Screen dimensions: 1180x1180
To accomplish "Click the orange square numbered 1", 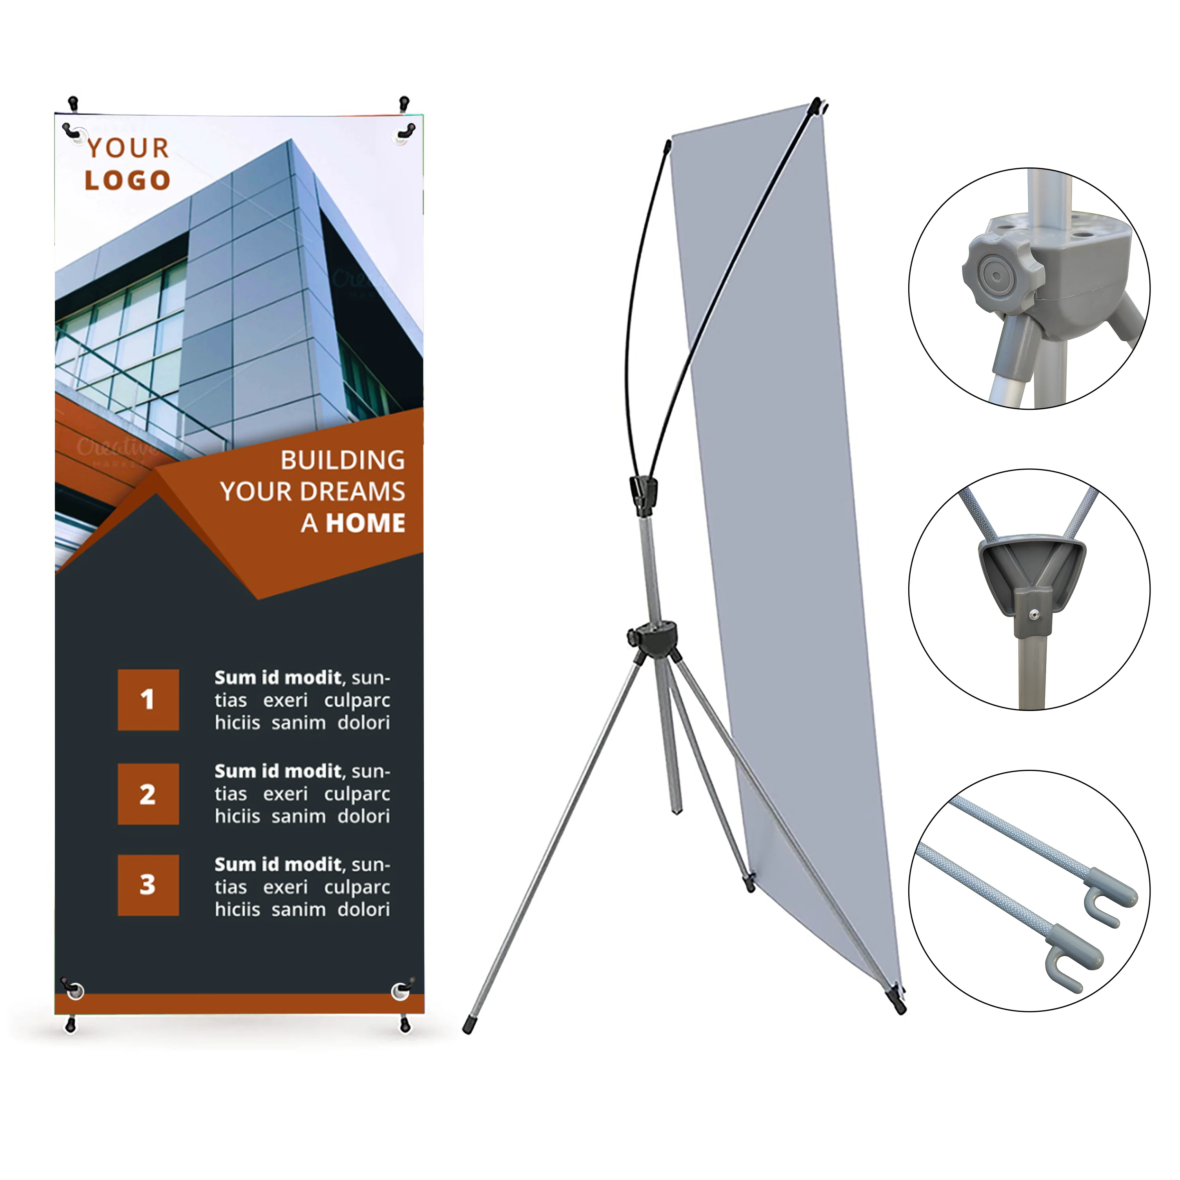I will pyautogui.click(x=148, y=700).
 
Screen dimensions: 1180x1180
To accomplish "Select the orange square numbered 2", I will pyautogui.click(x=148, y=794).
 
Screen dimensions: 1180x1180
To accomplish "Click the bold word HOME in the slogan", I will pyautogui.click(x=365, y=524).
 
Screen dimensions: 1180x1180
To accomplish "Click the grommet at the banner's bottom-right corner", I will pyautogui.click(x=401, y=991).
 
